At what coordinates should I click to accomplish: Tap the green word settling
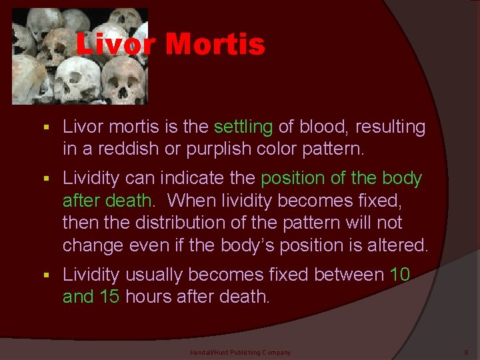[x=243, y=127]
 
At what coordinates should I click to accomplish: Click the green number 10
[x=399, y=275]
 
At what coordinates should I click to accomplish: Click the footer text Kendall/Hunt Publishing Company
[x=241, y=352]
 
